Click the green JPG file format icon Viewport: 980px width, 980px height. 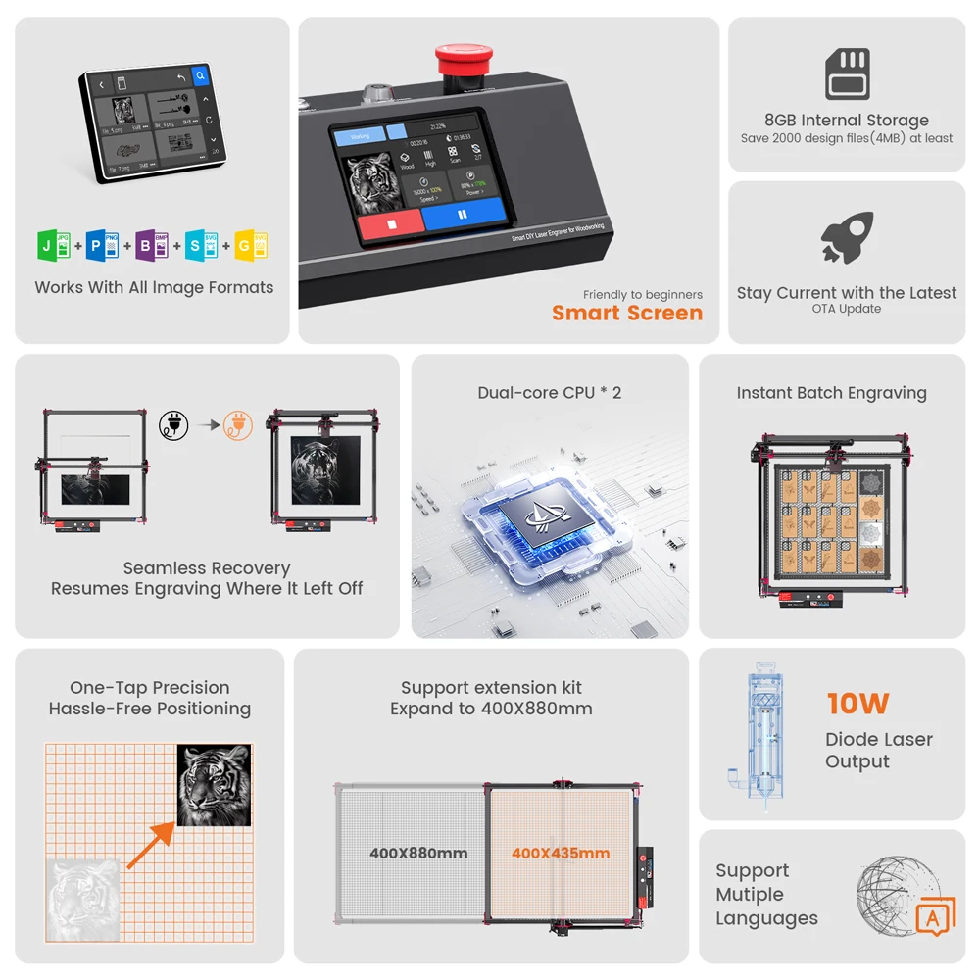pyautogui.click(x=52, y=245)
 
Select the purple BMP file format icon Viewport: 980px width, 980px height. pyautogui.click(x=150, y=245)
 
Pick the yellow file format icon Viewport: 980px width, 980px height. pyautogui.click(x=251, y=245)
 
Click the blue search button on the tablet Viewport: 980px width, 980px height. pyautogui.click(x=200, y=75)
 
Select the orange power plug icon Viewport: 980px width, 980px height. pyautogui.click(x=237, y=425)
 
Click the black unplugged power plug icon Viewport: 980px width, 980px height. pyautogui.click(x=173, y=425)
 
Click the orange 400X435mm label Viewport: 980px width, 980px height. pyautogui.click(x=561, y=854)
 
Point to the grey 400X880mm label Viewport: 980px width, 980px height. pyautogui.click(x=418, y=854)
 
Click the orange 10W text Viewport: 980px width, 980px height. pyautogui.click(x=857, y=704)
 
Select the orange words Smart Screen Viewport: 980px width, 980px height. pyautogui.click(x=627, y=314)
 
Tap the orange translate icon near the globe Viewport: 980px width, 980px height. pyautogui.click(x=934, y=916)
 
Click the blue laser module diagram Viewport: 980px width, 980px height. pyautogui.click(x=759, y=735)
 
